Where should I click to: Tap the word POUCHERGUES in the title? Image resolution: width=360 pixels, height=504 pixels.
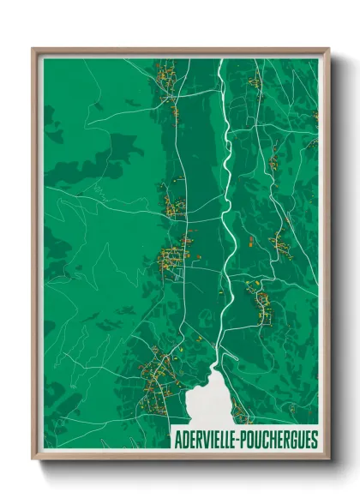click(x=279, y=440)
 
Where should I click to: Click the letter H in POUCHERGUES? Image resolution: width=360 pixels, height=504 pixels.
click(x=277, y=440)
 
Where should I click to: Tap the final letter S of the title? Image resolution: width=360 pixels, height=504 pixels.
click(x=314, y=440)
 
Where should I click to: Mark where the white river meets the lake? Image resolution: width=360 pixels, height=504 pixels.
click(x=216, y=363)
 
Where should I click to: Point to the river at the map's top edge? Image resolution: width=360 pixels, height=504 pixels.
click(x=220, y=61)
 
